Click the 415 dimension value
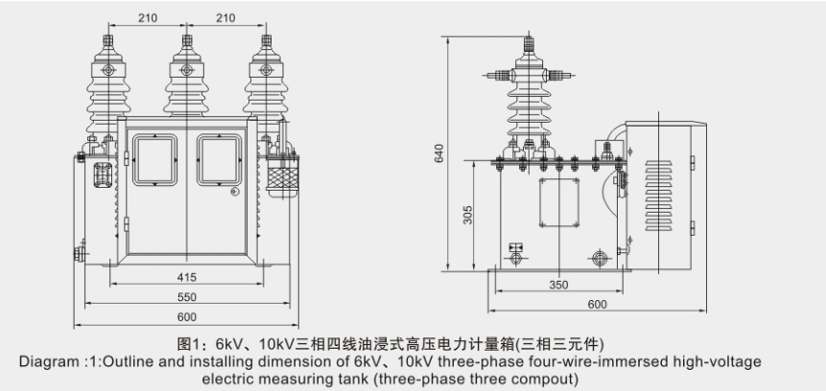click(x=187, y=277)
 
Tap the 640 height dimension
click(x=439, y=153)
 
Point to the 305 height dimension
click(x=467, y=215)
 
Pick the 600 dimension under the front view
click(x=187, y=318)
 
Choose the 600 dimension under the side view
click(x=598, y=305)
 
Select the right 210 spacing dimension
click(x=227, y=18)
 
